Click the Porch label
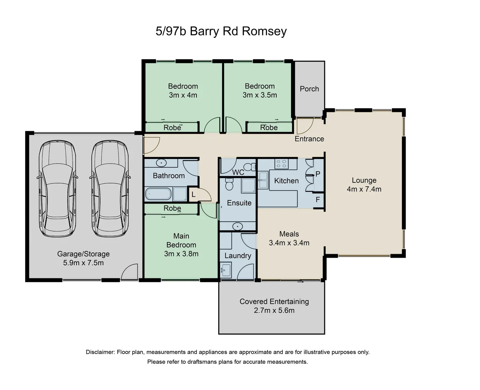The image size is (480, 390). pos(309,89)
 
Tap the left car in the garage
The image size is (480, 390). pos(57,188)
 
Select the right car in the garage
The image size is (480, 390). pos(110,188)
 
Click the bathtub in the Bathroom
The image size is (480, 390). pos(158,194)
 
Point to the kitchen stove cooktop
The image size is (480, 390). pos(281,164)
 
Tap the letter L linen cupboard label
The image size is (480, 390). pos(193,195)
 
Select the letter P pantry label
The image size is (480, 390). pos(318,174)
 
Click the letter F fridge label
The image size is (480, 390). pos(318,200)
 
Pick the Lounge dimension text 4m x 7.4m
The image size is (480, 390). pos(364,189)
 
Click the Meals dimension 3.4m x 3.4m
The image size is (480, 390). pos(289,243)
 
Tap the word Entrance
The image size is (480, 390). pos(309,139)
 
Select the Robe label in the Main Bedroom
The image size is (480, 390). pos(172,208)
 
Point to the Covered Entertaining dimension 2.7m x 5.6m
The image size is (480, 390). pos(274,311)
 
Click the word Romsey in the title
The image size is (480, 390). pos(264,31)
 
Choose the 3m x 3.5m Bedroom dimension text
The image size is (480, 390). pos(260,95)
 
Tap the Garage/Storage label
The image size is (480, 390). pos(83,254)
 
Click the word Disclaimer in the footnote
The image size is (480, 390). pos(100,352)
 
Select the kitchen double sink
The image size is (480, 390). pos(263,180)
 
